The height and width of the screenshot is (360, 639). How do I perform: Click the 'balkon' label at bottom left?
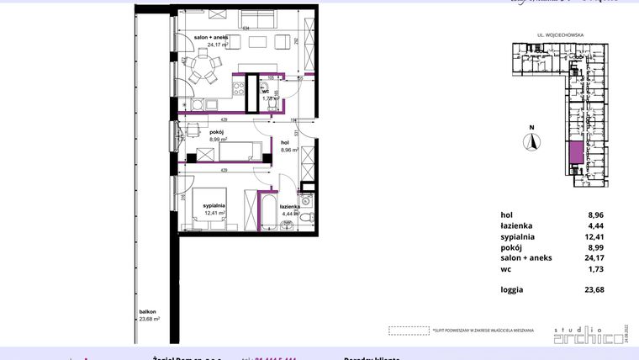click(149, 310)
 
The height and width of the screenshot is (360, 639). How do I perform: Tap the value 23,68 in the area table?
click(594, 290)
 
